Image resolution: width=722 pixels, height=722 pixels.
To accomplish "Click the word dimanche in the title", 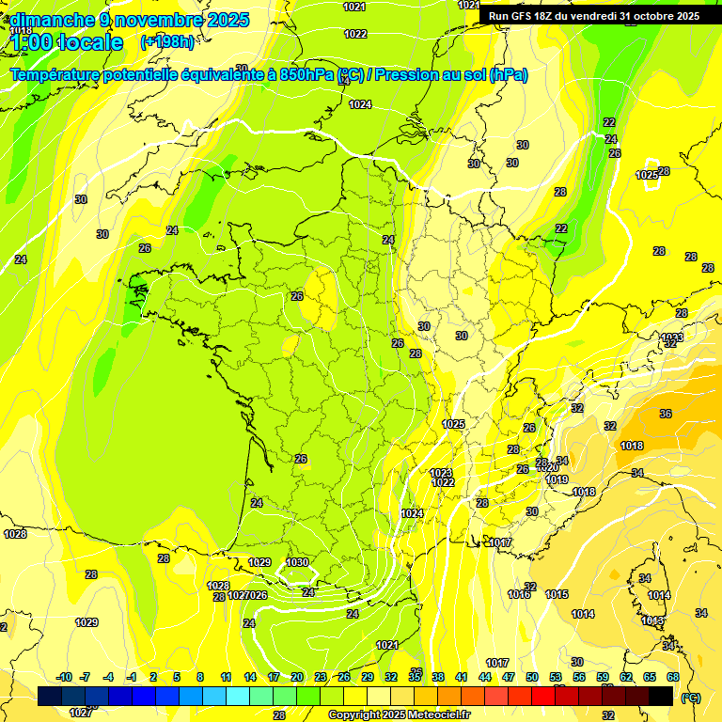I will [51, 20].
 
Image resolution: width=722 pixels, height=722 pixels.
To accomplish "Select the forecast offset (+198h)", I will [167, 41].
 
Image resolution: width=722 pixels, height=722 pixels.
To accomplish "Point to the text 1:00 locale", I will [68, 43].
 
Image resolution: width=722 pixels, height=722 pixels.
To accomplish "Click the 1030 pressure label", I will [297, 562].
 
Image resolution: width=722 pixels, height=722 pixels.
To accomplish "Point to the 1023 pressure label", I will [441, 473].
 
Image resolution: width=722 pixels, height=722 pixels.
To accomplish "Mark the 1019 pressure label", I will [557, 479].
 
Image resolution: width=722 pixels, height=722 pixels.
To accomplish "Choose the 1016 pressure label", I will [519, 594].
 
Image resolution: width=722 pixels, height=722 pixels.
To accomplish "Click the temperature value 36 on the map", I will [666, 414].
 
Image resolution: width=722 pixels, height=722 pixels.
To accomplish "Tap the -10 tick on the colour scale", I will [64, 677].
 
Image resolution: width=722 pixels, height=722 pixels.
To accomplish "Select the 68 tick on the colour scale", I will [673, 677].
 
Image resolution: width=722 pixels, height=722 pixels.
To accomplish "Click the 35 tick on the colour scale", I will [415, 677].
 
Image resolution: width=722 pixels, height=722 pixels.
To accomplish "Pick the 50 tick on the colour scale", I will [532, 677].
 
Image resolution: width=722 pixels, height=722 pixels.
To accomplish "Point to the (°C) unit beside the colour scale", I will [690, 697].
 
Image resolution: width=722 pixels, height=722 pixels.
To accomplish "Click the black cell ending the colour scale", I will [661, 696].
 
